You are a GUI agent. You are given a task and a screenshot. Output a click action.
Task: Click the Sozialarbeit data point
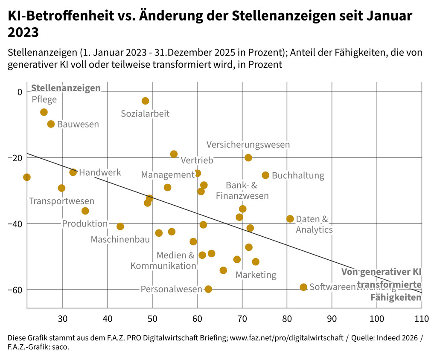tap(145, 101)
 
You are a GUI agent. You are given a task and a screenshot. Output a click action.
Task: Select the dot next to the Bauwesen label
tap(51, 124)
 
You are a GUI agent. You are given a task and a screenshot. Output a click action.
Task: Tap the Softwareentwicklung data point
tap(303, 287)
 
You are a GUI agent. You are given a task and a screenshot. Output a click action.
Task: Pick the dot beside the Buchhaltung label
tap(265, 175)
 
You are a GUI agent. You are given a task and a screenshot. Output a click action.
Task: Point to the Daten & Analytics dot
tap(290, 219)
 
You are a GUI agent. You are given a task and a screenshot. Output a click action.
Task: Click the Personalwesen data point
tap(208, 289)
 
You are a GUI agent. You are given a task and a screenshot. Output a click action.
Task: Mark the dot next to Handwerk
tap(73, 172)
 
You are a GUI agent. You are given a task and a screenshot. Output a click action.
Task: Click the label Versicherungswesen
tap(248, 145)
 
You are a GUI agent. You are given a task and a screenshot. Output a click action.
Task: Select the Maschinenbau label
tap(120, 240)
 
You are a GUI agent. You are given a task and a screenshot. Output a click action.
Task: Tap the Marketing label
tap(256, 275)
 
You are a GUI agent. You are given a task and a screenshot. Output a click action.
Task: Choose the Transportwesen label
tap(61, 201)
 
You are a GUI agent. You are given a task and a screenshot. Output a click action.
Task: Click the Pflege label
tap(44, 100)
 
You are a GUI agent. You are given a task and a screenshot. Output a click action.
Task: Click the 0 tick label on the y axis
tap(19, 92)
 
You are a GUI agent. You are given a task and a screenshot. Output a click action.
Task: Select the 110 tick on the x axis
tap(422, 319)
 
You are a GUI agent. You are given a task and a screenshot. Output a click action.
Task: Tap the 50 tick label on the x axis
tap(152, 319)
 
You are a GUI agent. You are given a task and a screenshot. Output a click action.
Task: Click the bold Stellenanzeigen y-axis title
tap(66, 88)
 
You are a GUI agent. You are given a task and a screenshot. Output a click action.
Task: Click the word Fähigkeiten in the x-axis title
tap(396, 297)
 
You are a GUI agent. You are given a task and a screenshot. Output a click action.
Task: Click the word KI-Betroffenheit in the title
tap(57, 16)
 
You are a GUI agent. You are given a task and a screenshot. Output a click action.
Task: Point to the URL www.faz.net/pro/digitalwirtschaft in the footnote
tap(286, 338)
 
